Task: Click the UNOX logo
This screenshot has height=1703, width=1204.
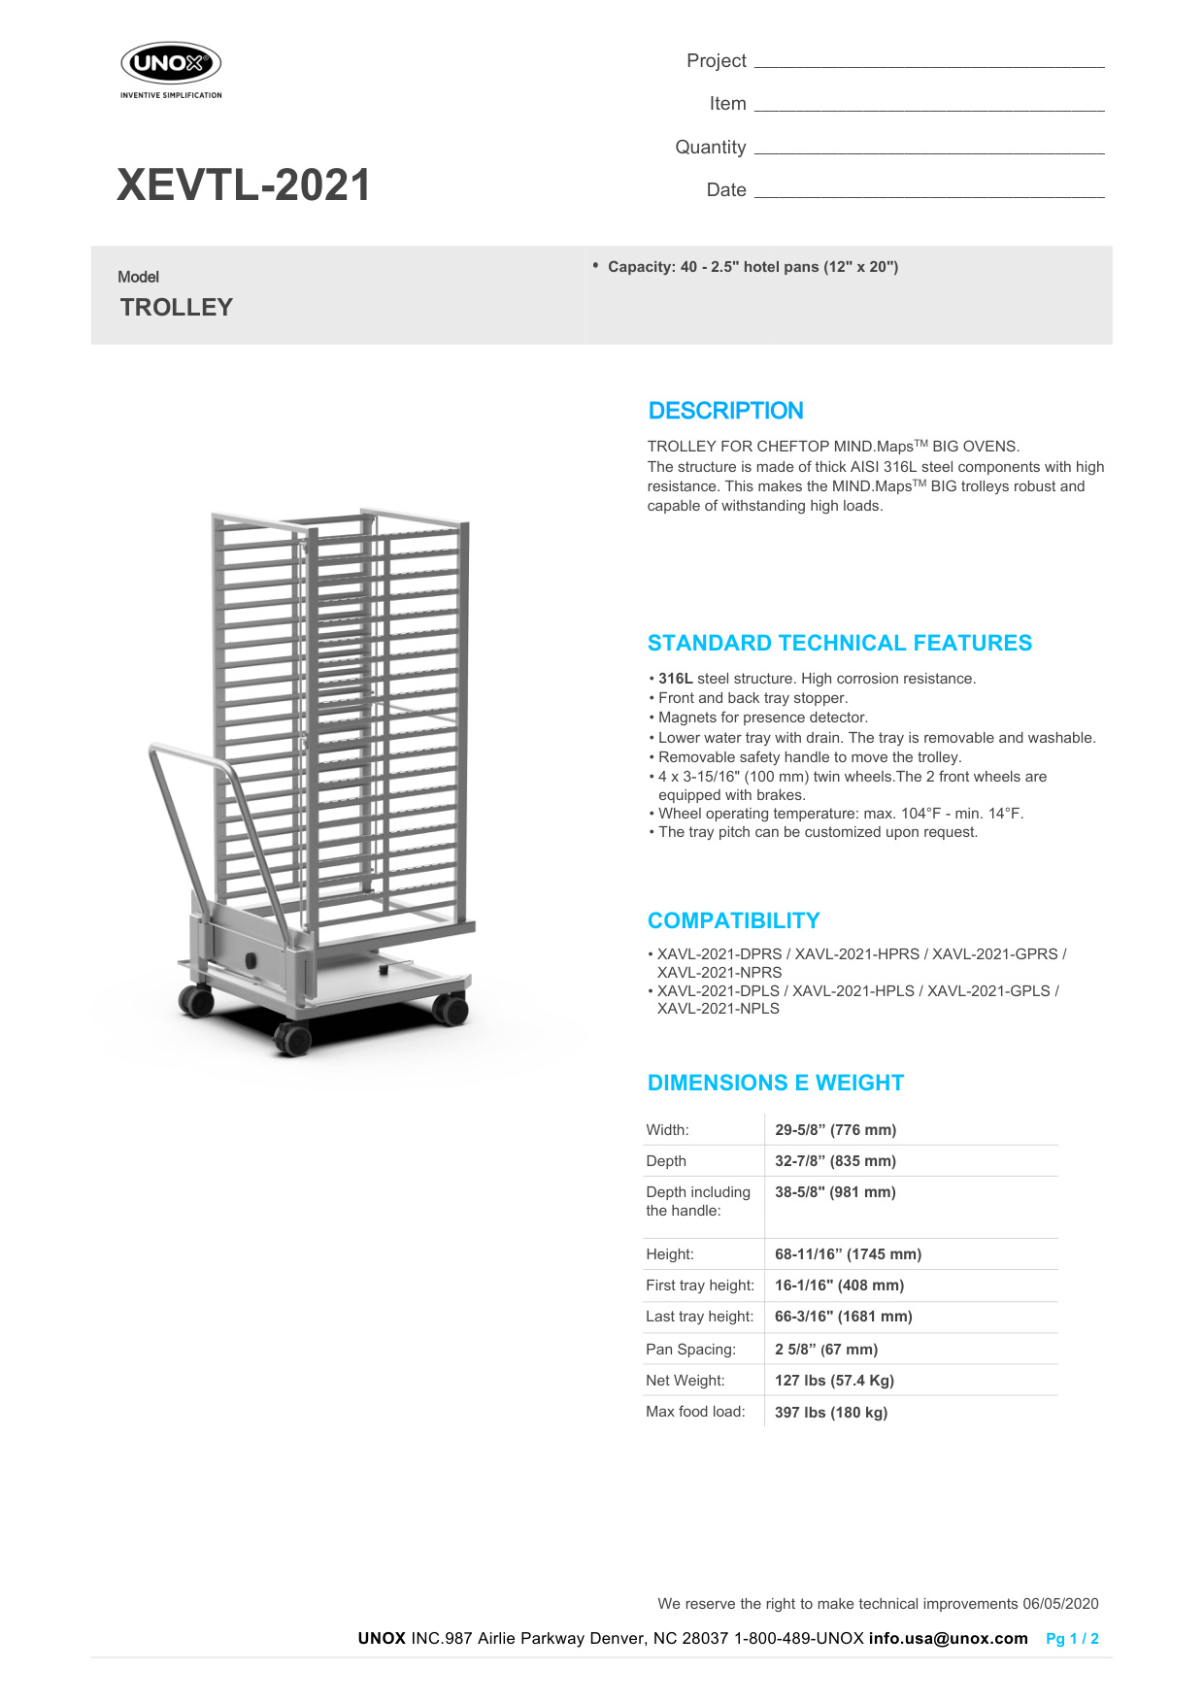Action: pyautogui.click(x=171, y=65)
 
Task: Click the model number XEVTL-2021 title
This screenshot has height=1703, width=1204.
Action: pyautogui.click(x=244, y=185)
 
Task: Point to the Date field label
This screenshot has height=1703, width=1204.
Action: pyautogui.click(x=726, y=190)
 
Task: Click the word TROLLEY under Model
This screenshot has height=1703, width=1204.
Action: pyautogui.click(x=177, y=308)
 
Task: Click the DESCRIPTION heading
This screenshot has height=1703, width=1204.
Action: pyautogui.click(x=725, y=411)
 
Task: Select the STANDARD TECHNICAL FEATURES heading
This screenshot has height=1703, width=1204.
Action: pyautogui.click(x=839, y=643)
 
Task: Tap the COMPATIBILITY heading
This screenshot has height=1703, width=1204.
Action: pyautogui.click(x=733, y=920)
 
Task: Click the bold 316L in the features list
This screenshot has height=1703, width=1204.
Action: pyautogui.click(x=676, y=679)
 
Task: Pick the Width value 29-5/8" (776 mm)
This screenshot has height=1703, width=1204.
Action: pyautogui.click(x=835, y=1130)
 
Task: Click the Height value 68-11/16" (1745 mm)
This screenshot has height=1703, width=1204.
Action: pyautogui.click(x=848, y=1254)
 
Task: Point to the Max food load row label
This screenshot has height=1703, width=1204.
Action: pyautogui.click(x=695, y=1412)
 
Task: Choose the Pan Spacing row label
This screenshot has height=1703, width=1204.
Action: pyautogui.click(x=690, y=1350)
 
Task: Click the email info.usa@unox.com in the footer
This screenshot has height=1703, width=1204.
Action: pyautogui.click(x=948, y=1639)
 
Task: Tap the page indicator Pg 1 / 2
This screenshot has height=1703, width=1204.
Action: pyautogui.click(x=1072, y=1639)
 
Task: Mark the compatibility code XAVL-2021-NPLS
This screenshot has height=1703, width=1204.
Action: pyautogui.click(x=719, y=1009)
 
